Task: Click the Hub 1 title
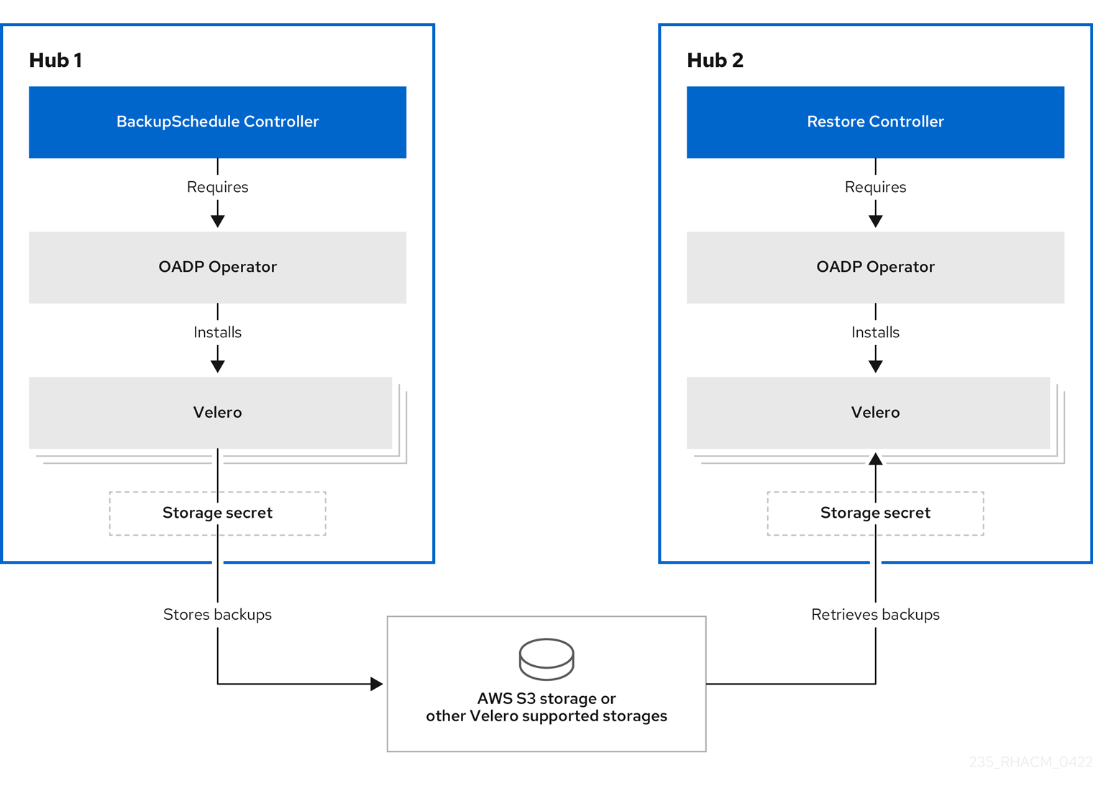(55, 60)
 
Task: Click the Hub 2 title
(715, 60)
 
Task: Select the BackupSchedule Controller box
(217, 122)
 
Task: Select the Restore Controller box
(875, 122)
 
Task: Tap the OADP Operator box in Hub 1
(217, 267)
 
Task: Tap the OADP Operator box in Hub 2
(875, 267)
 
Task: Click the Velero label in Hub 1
(217, 412)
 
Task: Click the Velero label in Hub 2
(875, 412)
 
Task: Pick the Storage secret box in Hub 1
(217, 513)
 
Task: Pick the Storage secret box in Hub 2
(875, 513)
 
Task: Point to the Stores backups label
(217, 614)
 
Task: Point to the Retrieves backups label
(875, 614)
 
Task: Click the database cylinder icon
(546, 659)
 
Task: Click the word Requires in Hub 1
(217, 187)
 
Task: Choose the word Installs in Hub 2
(875, 332)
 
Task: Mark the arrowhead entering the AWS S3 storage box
(376, 684)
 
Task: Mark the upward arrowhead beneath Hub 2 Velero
(875, 459)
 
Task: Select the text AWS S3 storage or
(546, 698)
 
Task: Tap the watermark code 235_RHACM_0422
(1030, 762)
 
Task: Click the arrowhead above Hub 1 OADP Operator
(217, 221)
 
